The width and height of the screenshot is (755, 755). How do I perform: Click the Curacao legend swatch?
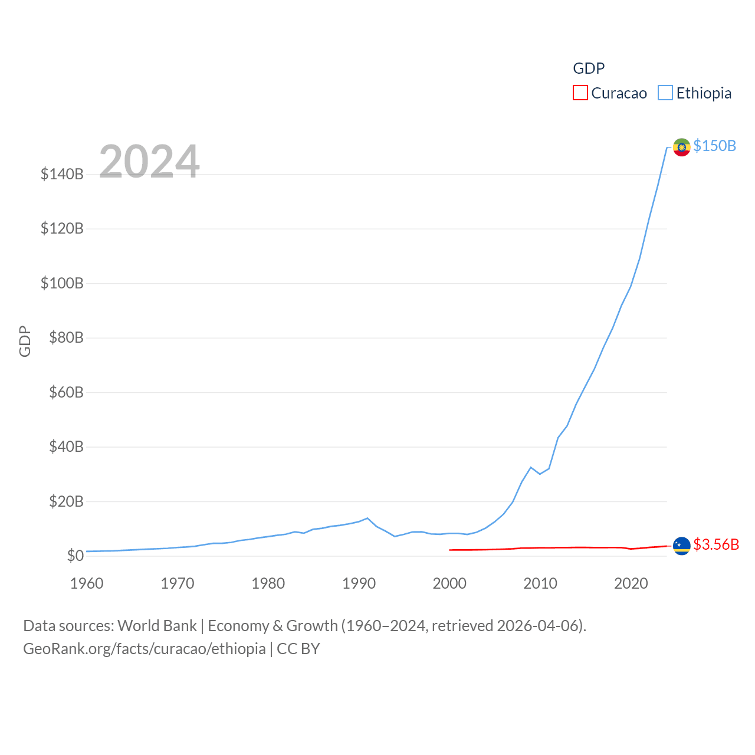click(580, 93)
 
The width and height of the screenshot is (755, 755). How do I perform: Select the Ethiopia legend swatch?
click(665, 93)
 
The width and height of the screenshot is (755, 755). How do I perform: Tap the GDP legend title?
click(589, 68)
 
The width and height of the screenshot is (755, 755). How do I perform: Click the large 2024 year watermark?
click(149, 162)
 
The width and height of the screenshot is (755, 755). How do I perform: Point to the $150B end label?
click(714, 146)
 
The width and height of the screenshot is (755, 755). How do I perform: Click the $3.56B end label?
click(716, 544)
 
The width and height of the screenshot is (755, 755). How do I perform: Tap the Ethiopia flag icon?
click(682, 147)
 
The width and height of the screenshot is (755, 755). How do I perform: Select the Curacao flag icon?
click(682, 546)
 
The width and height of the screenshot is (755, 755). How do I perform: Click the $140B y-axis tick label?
click(62, 174)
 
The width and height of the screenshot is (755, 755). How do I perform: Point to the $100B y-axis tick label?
click(62, 283)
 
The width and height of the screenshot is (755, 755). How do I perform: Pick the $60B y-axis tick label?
click(66, 392)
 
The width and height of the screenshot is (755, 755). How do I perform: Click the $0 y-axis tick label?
click(75, 556)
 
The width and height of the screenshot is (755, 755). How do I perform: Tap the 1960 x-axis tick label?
click(87, 583)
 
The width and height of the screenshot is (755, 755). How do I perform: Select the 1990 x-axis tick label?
click(359, 583)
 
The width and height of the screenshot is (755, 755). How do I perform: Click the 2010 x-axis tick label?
click(540, 583)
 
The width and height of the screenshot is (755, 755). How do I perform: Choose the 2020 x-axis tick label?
click(631, 583)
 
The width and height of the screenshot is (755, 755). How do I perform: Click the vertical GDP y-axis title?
click(25, 341)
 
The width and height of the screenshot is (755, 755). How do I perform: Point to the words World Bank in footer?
click(157, 626)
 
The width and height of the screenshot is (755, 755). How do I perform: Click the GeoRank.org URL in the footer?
click(145, 649)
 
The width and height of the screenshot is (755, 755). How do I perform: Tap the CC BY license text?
click(298, 649)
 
